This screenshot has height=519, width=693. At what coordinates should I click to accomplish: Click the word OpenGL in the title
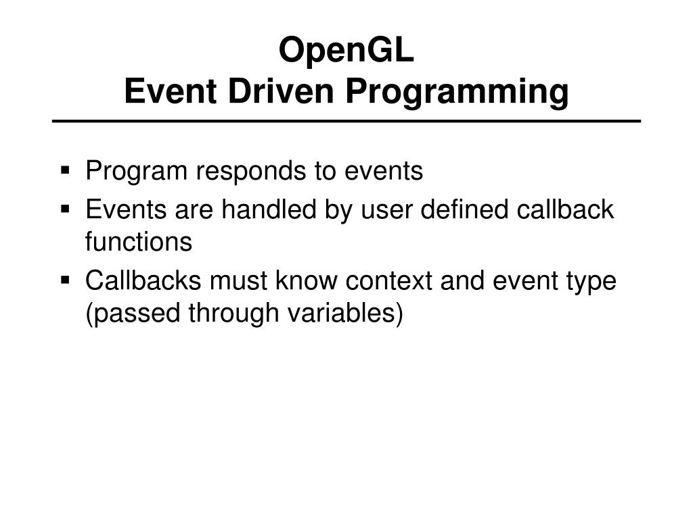(346, 52)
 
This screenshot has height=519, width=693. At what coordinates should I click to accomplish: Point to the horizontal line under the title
(346, 122)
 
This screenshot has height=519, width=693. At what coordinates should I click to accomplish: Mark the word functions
(139, 242)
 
